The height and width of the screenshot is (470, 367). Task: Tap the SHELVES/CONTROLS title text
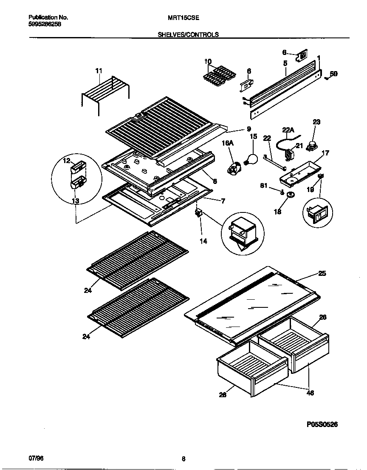(188, 35)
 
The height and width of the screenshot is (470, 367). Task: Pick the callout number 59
(334, 74)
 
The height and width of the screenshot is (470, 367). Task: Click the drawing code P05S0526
(322, 424)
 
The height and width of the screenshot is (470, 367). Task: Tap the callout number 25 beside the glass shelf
(322, 274)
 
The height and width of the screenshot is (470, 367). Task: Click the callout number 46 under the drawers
(310, 393)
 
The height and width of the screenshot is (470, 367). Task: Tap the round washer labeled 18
(291, 195)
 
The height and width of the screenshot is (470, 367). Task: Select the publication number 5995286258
(45, 24)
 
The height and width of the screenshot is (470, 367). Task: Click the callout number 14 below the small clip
(203, 241)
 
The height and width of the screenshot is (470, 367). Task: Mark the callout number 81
(264, 186)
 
